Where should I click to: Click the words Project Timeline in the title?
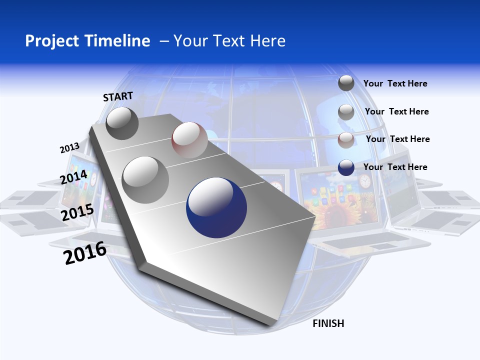tap(87, 40)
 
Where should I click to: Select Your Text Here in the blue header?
tap(229, 40)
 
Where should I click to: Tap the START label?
tap(118, 96)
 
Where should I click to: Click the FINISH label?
tap(328, 323)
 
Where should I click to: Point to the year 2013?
tap(69, 148)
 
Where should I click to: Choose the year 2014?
tap(73, 177)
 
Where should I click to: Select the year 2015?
tap(77, 212)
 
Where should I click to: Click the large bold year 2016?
tap(85, 253)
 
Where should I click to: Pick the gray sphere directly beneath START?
tap(122, 123)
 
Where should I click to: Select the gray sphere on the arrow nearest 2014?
tap(145, 179)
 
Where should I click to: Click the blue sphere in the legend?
tap(346, 167)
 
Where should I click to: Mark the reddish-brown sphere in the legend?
tap(346, 140)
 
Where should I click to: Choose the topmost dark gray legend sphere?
tap(346, 83)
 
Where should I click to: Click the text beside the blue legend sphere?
tap(395, 167)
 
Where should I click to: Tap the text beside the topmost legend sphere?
tap(395, 83)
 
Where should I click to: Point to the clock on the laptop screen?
tap(365, 181)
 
